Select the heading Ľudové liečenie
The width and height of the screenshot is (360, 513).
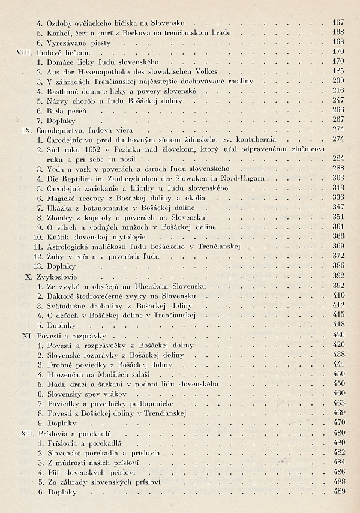coord(61,52)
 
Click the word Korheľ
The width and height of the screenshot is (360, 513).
coord(58,32)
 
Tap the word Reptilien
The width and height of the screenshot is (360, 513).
coord(77,178)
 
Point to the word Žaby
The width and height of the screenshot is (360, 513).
coord(56,256)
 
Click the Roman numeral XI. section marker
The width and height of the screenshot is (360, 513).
coord(26,334)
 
